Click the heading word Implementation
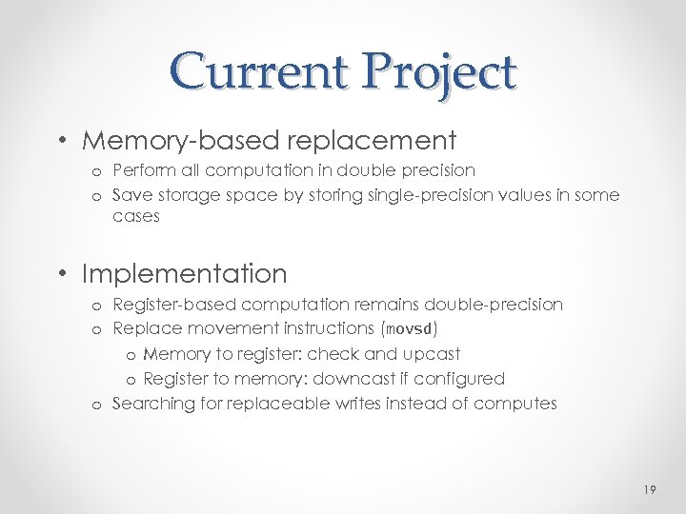[184, 274]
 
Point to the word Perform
[141, 170]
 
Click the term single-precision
[422, 195]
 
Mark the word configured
[462, 379]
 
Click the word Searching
[151, 404]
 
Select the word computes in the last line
[517, 404]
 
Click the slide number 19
[650, 489]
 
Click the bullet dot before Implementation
[61, 275]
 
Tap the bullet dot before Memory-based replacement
[61, 142]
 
